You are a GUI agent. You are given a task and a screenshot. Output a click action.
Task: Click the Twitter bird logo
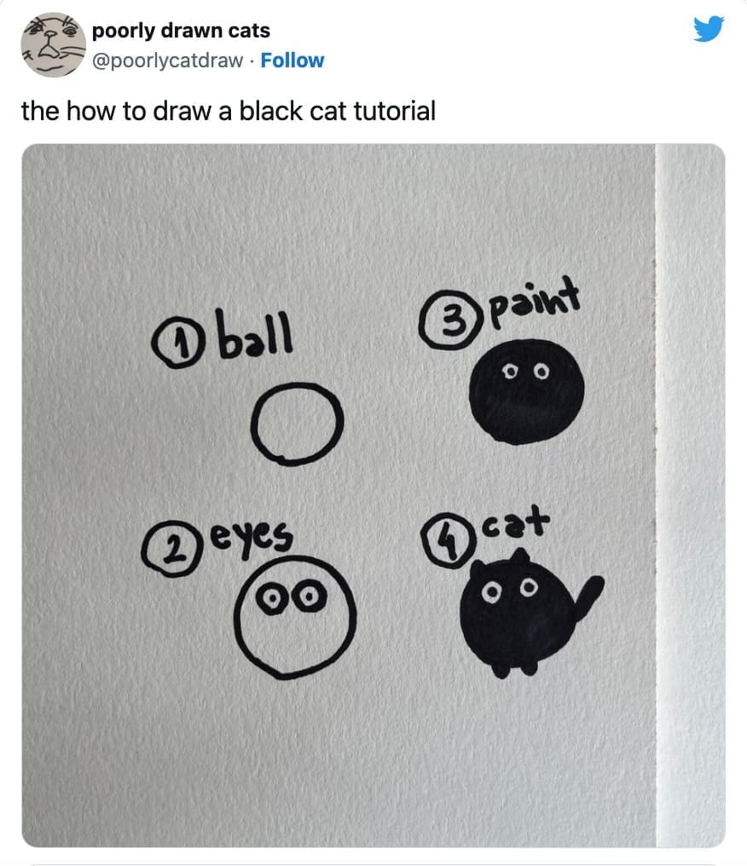(709, 29)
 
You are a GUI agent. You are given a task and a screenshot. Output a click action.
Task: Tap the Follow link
(292, 61)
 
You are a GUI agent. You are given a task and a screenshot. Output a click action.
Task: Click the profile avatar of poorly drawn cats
(53, 44)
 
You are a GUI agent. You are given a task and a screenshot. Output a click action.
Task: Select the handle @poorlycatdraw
(167, 61)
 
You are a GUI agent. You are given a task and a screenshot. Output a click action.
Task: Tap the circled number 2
(169, 551)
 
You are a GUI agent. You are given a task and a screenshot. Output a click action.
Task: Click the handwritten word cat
(516, 523)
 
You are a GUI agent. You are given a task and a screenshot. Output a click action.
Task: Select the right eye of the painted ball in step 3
(542, 372)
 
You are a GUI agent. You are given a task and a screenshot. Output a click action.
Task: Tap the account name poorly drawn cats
(181, 31)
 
